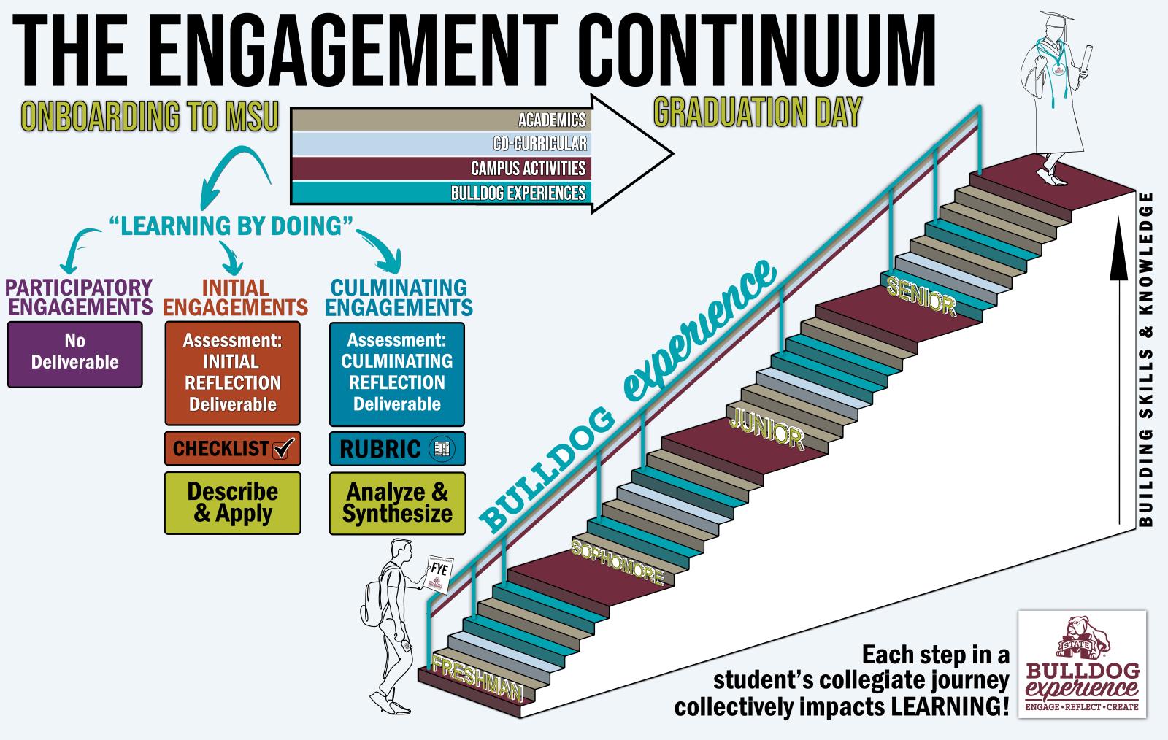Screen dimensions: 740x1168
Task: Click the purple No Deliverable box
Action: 74,354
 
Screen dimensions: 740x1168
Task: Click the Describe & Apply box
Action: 232,502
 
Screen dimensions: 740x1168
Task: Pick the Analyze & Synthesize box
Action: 397,502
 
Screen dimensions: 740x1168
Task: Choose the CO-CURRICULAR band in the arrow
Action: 539,144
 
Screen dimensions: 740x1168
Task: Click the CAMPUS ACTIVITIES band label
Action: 528,169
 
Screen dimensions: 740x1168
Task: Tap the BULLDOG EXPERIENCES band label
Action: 518,193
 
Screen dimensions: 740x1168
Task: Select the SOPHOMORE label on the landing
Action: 618,563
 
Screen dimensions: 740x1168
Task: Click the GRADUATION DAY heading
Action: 758,113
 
